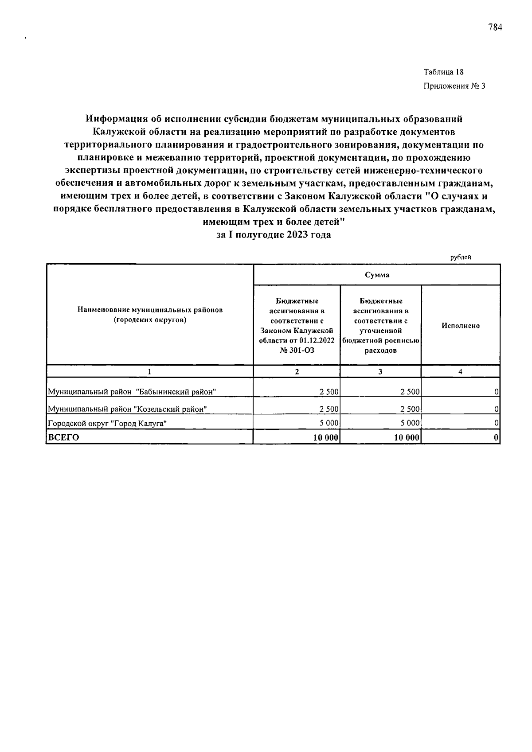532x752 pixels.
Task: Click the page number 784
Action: [495, 28]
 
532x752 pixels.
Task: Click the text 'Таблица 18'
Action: [443, 72]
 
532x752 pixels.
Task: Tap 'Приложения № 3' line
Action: [454, 86]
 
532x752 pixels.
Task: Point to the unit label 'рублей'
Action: [461, 257]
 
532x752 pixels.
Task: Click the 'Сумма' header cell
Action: [377, 275]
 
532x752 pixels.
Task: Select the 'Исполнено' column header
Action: [461, 325]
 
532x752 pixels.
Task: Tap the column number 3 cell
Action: [380, 372]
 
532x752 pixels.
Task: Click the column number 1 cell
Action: [150, 372]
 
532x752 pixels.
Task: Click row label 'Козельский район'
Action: [128, 409]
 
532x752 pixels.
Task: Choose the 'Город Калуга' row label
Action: [108, 423]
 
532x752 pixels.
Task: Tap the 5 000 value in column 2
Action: [329, 423]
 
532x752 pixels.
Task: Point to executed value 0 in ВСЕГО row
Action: [496, 437]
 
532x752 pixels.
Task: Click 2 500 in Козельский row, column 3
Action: [410, 409]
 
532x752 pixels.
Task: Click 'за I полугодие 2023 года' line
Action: [274, 235]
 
